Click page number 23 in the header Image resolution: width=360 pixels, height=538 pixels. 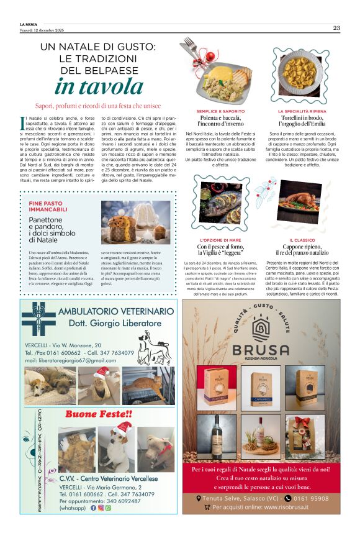click(x=336, y=27)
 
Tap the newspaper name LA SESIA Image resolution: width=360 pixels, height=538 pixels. click(x=29, y=24)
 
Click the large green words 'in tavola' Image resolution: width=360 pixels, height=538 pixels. click(x=98, y=86)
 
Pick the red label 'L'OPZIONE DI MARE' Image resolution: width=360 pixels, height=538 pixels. click(x=220, y=240)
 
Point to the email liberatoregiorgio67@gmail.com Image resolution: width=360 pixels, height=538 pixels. click(x=71, y=361)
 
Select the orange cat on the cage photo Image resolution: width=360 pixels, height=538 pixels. click(x=144, y=385)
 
